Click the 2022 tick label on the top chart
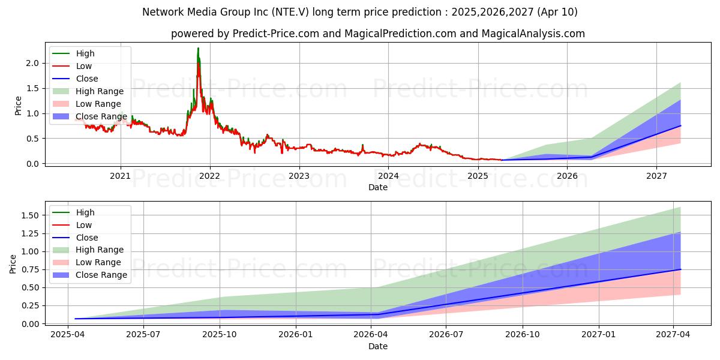point(210,176)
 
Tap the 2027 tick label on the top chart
point(656,176)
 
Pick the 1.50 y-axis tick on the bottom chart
point(29,215)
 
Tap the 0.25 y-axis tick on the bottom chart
point(29,306)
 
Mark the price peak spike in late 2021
point(198,49)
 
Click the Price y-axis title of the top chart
point(18,105)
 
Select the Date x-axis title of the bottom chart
point(378,346)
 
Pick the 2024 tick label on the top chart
point(388,176)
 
